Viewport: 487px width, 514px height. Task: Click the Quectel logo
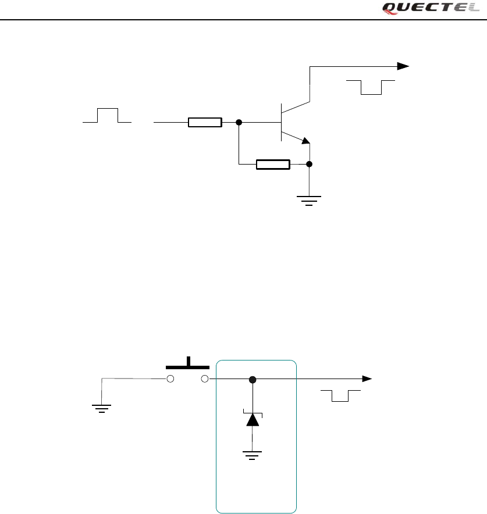point(431,8)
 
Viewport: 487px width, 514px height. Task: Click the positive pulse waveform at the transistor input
point(107,116)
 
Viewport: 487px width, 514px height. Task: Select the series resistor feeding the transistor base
point(205,123)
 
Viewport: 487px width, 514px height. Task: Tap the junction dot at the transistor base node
point(239,123)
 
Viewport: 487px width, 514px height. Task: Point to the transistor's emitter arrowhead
point(305,140)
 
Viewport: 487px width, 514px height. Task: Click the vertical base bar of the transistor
point(281,123)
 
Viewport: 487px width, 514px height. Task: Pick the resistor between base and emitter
point(273,165)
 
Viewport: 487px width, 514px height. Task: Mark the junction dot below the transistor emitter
point(310,165)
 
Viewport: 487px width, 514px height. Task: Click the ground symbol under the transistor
point(310,201)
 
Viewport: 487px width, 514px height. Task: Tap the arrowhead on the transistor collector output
point(403,66)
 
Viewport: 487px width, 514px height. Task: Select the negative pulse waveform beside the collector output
point(371,87)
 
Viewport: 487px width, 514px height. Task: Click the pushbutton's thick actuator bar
point(188,366)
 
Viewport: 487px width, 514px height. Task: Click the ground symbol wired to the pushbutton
point(102,406)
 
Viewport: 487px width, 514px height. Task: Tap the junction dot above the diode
point(253,380)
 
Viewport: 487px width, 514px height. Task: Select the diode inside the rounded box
point(253,419)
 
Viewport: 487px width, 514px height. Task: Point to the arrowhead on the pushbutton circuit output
point(367,379)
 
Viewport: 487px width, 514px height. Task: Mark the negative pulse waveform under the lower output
point(340,396)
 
